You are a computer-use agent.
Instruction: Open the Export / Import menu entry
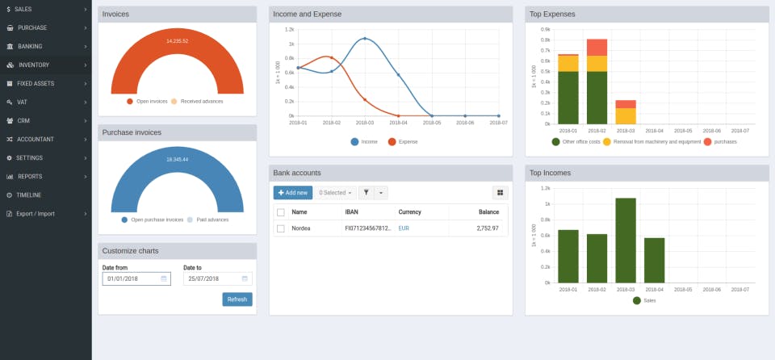tap(35, 214)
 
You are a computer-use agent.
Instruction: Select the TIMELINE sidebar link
tap(28, 195)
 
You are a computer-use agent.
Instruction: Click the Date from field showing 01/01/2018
tap(136, 278)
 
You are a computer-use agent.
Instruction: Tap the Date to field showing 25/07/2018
tap(216, 278)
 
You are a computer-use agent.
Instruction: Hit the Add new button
tap(292, 193)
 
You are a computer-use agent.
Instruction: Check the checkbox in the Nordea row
tap(281, 229)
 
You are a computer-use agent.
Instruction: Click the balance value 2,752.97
tap(488, 229)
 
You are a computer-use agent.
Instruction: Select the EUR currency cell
tap(404, 229)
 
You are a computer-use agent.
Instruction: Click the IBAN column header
tap(351, 212)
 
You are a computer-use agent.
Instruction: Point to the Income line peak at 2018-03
tap(365, 39)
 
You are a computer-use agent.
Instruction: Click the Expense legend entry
tap(403, 142)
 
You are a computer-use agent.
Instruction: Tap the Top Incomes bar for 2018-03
tap(626, 240)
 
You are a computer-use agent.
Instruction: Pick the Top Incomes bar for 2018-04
tap(655, 260)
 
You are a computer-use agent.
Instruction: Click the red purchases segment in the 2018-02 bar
tap(597, 48)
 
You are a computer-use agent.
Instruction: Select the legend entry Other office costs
tap(576, 142)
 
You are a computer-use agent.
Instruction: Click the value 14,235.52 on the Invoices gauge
tap(177, 40)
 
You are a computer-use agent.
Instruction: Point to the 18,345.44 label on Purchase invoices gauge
tap(177, 159)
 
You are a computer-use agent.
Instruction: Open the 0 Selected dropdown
tap(335, 193)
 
